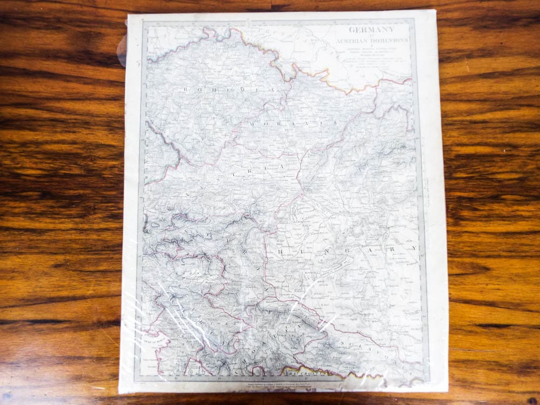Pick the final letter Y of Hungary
pyautogui.click(x=414, y=248)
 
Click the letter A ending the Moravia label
pyautogui.click(x=335, y=123)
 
